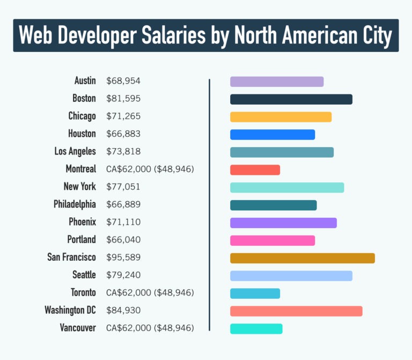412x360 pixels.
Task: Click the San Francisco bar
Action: point(302,258)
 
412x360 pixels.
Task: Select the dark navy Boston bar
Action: point(291,99)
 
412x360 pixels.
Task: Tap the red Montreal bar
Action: point(255,170)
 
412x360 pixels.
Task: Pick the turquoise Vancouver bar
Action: point(256,328)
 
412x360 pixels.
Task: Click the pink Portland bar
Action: point(272,240)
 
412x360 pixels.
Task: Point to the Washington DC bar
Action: point(296,311)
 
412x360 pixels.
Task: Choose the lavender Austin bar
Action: point(277,82)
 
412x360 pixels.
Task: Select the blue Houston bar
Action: point(272,135)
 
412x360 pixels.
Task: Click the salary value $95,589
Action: point(123,258)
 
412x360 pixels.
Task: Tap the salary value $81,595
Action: point(123,99)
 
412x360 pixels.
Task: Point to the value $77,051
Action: point(123,187)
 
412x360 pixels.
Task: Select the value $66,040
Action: point(123,240)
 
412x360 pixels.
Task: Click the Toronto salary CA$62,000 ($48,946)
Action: point(150,292)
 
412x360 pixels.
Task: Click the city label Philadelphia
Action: point(75,204)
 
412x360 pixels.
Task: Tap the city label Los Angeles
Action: point(75,151)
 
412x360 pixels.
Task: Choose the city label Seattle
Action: point(84,275)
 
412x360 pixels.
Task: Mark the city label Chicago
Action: point(82,116)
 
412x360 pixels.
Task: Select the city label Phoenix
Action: point(82,222)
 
